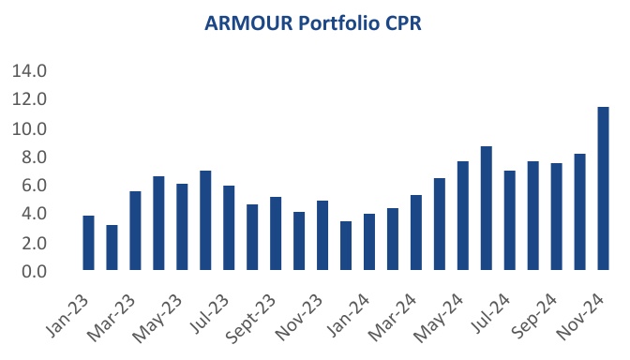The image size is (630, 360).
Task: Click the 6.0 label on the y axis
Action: [x=34, y=186]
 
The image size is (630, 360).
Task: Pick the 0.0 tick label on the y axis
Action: [x=34, y=272]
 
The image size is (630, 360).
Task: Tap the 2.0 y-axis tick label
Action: [x=34, y=243]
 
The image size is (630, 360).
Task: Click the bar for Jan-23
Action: [x=88, y=244]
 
